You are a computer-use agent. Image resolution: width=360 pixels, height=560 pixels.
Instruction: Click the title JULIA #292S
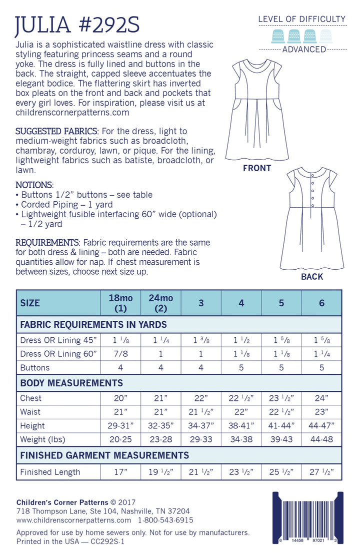(77, 25)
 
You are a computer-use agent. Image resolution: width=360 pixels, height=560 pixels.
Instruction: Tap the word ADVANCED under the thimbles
(304, 49)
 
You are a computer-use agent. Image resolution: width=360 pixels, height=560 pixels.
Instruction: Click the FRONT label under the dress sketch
(256, 168)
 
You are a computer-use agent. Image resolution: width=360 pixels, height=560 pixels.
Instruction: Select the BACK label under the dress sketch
(312, 277)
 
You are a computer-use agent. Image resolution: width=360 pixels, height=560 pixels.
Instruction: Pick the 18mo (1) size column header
(121, 303)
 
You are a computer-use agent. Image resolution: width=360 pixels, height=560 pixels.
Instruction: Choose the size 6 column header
(321, 303)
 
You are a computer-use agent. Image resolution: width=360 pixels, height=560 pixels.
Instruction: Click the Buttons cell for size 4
(241, 367)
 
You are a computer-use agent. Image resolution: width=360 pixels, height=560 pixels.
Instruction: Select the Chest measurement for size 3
(201, 398)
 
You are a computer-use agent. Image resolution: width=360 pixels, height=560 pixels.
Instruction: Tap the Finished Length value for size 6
(321, 472)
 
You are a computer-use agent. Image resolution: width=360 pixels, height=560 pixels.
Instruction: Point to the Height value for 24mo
(161, 426)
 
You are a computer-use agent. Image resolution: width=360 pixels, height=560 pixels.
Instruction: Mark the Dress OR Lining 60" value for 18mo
(121, 354)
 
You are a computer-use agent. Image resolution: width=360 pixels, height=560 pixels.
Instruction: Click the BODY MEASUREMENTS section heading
(71, 383)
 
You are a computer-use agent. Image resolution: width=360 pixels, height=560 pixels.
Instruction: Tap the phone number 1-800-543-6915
(162, 520)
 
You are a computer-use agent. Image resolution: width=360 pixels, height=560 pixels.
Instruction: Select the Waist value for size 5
(281, 412)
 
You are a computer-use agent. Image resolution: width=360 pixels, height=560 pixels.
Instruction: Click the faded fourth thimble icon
(326, 36)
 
